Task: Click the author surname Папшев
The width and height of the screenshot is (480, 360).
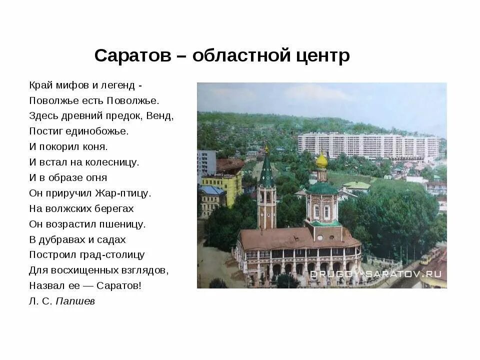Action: tap(75, 301)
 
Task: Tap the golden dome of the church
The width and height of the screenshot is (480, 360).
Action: tap(321, 161)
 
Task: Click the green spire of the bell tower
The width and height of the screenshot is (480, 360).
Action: tap(266, 170)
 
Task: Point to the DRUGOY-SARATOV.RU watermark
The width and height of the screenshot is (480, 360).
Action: tap(375, 274)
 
